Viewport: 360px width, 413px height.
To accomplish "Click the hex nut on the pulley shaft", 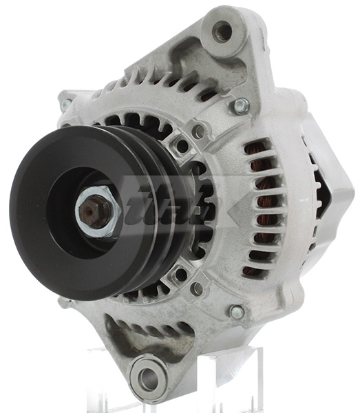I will pyautogui.click(x=94, y=211).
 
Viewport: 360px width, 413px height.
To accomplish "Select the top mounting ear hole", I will pyautogui.click(x=222, y=30).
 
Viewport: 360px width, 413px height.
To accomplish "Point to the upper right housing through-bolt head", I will pyautogui.click(x=241, y=106).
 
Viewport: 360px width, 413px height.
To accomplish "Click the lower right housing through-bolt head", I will pyautogui.click(x=236, y=312).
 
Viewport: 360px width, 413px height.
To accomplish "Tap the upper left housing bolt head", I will pyautogui.click(x=66, y=105).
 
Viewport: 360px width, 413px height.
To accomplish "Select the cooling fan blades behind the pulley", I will pyautogui.click(x=200, y=206).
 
